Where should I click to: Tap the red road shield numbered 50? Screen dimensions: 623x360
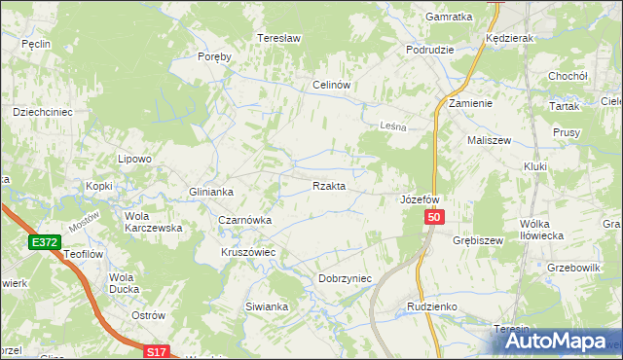point(435,221)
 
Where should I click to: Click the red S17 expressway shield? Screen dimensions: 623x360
point(159,351)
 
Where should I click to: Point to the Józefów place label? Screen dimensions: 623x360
point(421,199)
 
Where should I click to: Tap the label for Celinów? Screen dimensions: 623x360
point(331,85)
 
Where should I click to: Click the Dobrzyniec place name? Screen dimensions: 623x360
point(346,278)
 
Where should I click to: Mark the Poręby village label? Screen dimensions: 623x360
point(214,56)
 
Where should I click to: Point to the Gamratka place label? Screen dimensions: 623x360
point(449,18)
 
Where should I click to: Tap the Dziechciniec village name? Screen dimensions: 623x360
point(43,112)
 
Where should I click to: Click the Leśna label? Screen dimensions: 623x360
point(391,125)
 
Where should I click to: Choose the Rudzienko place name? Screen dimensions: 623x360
point(431,306)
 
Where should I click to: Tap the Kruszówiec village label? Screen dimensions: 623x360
point(248,252)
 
